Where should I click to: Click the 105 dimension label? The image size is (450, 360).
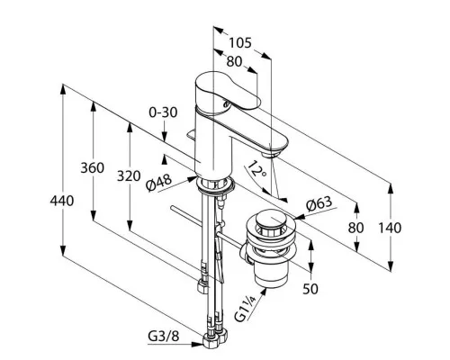pos(240,42)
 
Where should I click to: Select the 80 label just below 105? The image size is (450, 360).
pos(234,61)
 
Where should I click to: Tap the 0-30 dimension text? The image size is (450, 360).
pos(163,112)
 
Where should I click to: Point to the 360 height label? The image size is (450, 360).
pos(93,167)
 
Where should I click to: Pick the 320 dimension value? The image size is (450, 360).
pos(129,175)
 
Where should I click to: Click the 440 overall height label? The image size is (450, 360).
pos(62,201)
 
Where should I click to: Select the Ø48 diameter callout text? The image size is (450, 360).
pos(159,183)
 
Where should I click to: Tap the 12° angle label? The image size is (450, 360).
pos(256,170)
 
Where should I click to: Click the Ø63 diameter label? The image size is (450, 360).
pos(319,204)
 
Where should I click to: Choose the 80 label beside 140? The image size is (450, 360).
pos(355,228)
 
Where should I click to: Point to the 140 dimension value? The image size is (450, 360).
pos(390,228)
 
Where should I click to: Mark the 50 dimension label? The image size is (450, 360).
pos(310,289)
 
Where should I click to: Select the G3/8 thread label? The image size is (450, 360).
pos(164,337)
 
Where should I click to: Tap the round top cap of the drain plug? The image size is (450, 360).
pos(270,220)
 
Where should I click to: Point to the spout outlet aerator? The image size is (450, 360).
pos(270,155)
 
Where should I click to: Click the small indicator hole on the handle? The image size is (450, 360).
pos(226,104)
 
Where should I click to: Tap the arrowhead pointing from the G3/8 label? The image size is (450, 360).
pos(198,345)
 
